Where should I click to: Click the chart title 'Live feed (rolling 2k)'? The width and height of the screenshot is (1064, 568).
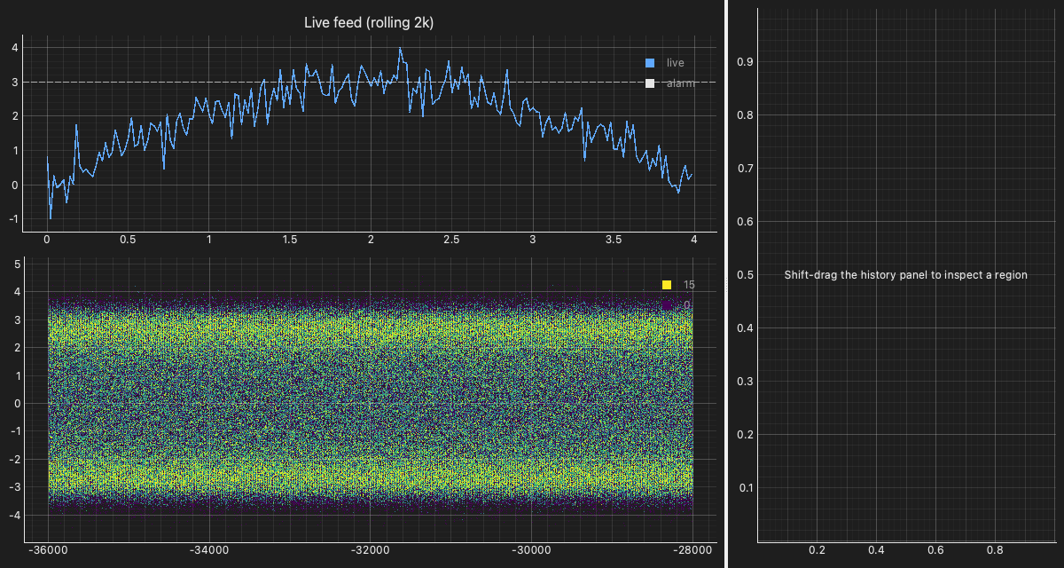pyautogui.click(x=369, y=23)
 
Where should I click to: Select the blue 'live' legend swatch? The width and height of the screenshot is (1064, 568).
pyautogui.click(x=650, y=63)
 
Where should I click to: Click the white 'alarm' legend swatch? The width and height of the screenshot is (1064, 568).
pyautogui.click(x=650, y=83)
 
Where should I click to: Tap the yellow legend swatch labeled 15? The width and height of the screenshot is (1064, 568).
pyautogui.click(x=667, y=285)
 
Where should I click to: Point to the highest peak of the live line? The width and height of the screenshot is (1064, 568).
pyautogui.click(x=400, y=48)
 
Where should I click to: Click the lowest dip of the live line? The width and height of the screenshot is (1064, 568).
pyautogui.click(x=51, y=218)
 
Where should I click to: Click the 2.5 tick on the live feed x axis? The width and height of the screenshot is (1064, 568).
pyautogui.click(x=451, y=240)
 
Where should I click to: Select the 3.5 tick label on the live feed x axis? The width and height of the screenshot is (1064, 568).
pyautogui.click(x=614, y=240)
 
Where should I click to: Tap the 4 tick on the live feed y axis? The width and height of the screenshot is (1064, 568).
pyautogui.click(x=15, y=48)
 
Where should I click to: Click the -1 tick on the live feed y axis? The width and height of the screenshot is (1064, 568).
pyautogui.click(x=13, y=219)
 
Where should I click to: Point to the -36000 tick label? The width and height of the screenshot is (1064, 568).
pyautogui.click(x=48, y=550)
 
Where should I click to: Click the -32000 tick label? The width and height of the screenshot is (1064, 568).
pyautogui.click(x=370, y=550)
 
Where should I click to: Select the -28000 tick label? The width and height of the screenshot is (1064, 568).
pyautogui.click(x=692, y=550)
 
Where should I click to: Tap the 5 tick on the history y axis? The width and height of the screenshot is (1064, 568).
pyautogui.click(x=18, y=264)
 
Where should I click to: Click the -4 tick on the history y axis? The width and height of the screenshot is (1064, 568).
pyautogui.click(x=15, y=515)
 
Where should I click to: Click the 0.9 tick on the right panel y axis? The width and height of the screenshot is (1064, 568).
pyautogui.click(x=745, y=62)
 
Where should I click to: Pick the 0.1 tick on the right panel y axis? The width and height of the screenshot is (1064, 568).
pyautogui.click(x=746, y=487)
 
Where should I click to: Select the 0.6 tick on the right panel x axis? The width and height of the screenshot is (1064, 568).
pyautogui.click(x=935, y=550)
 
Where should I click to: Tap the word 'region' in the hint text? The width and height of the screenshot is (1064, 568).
pyautogui.click(x=1012, y=275)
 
